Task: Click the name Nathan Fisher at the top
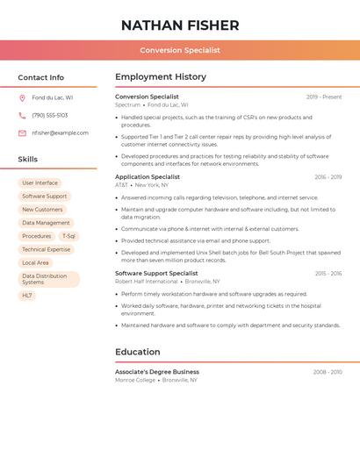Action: pos(180,25)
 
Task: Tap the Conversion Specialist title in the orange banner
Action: pos(180,50)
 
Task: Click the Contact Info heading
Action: pos(41,77)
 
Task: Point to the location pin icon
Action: pos(22,97)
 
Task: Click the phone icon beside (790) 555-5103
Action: pos(22,115)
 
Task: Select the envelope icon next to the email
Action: pos(22,133)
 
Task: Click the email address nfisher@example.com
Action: pos(60,133)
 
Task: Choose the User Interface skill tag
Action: pos(40,183)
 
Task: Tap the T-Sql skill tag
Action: pos(68,236)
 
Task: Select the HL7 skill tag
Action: pos(27,296)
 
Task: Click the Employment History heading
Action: pos(161,77)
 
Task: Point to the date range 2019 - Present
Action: pos(324,97)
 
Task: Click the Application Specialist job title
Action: pos(148,177)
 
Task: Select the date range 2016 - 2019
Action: pos(328,177)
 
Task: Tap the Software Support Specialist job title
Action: pos(156,274)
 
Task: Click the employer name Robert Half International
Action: pos(146,282)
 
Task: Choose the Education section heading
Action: pos(138,352)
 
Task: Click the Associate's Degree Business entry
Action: pos(157,372)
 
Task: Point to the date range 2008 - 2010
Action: pos(328,372)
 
